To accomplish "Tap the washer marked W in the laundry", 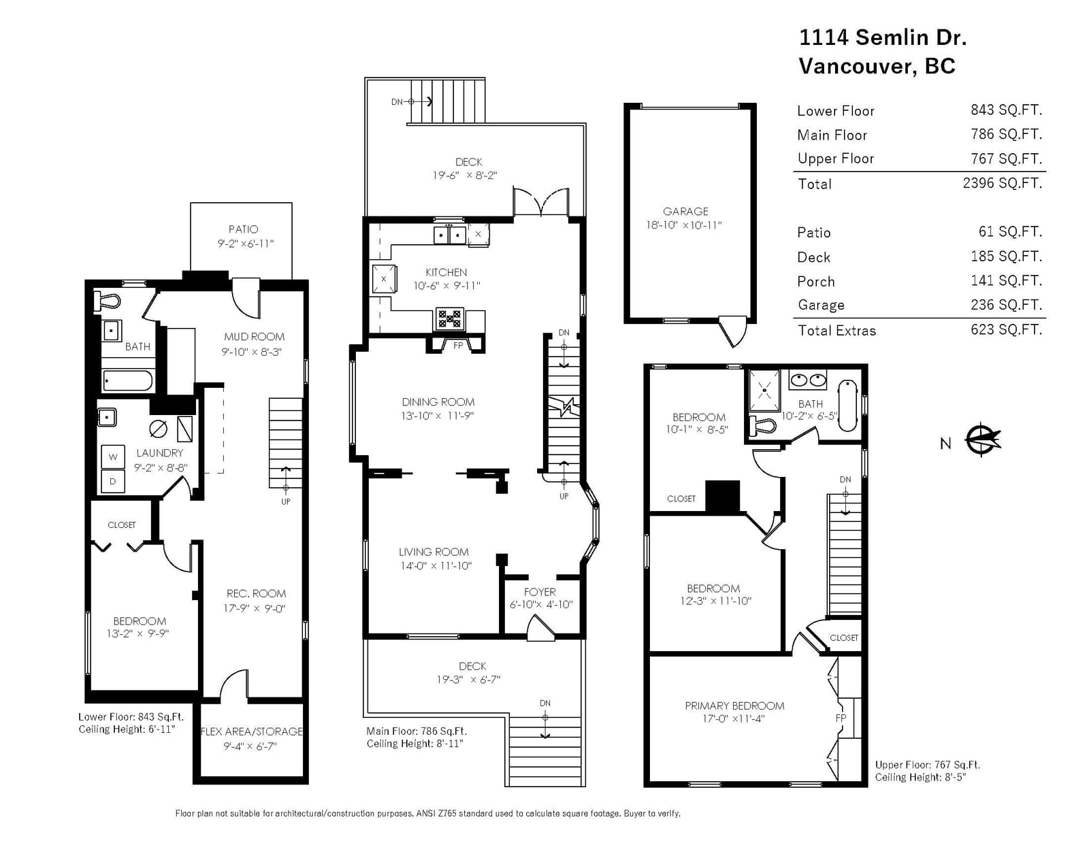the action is pyautogui.click(x=113, y=457).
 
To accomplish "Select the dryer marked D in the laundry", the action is pyautogui.click(x=113, y=481).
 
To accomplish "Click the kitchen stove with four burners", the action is pyautogui.click(x=449, y=318).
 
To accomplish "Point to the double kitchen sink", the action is pyautogui.click(x=449, y=235).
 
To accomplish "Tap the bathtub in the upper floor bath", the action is pyautogui.click(x=847, y=406).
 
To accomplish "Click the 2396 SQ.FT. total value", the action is pyautogui.click(x=1003, y=183).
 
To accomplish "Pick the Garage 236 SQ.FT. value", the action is pyautogui.click(x=1007, y=305).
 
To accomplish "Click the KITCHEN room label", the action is pyautogui.click(x=446, y=272).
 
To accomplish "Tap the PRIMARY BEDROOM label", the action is pyautogui.click(x=734, y=706).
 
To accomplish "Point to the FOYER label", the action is pyautogui.click(x=540, y=591).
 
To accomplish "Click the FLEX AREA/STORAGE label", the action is pyautogui.click(x=252, y=731).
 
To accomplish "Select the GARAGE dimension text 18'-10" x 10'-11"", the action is pyautogui.click(x=684, y=225).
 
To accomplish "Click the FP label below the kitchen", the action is pyautogui.click(x=458, y=345).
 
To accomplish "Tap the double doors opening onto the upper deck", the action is pyautogui.click(x=540, y=202).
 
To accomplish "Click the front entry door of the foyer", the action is pyautogui.click(x=540, y=627).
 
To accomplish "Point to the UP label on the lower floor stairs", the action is pyautogui.click(x=286, y=501).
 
